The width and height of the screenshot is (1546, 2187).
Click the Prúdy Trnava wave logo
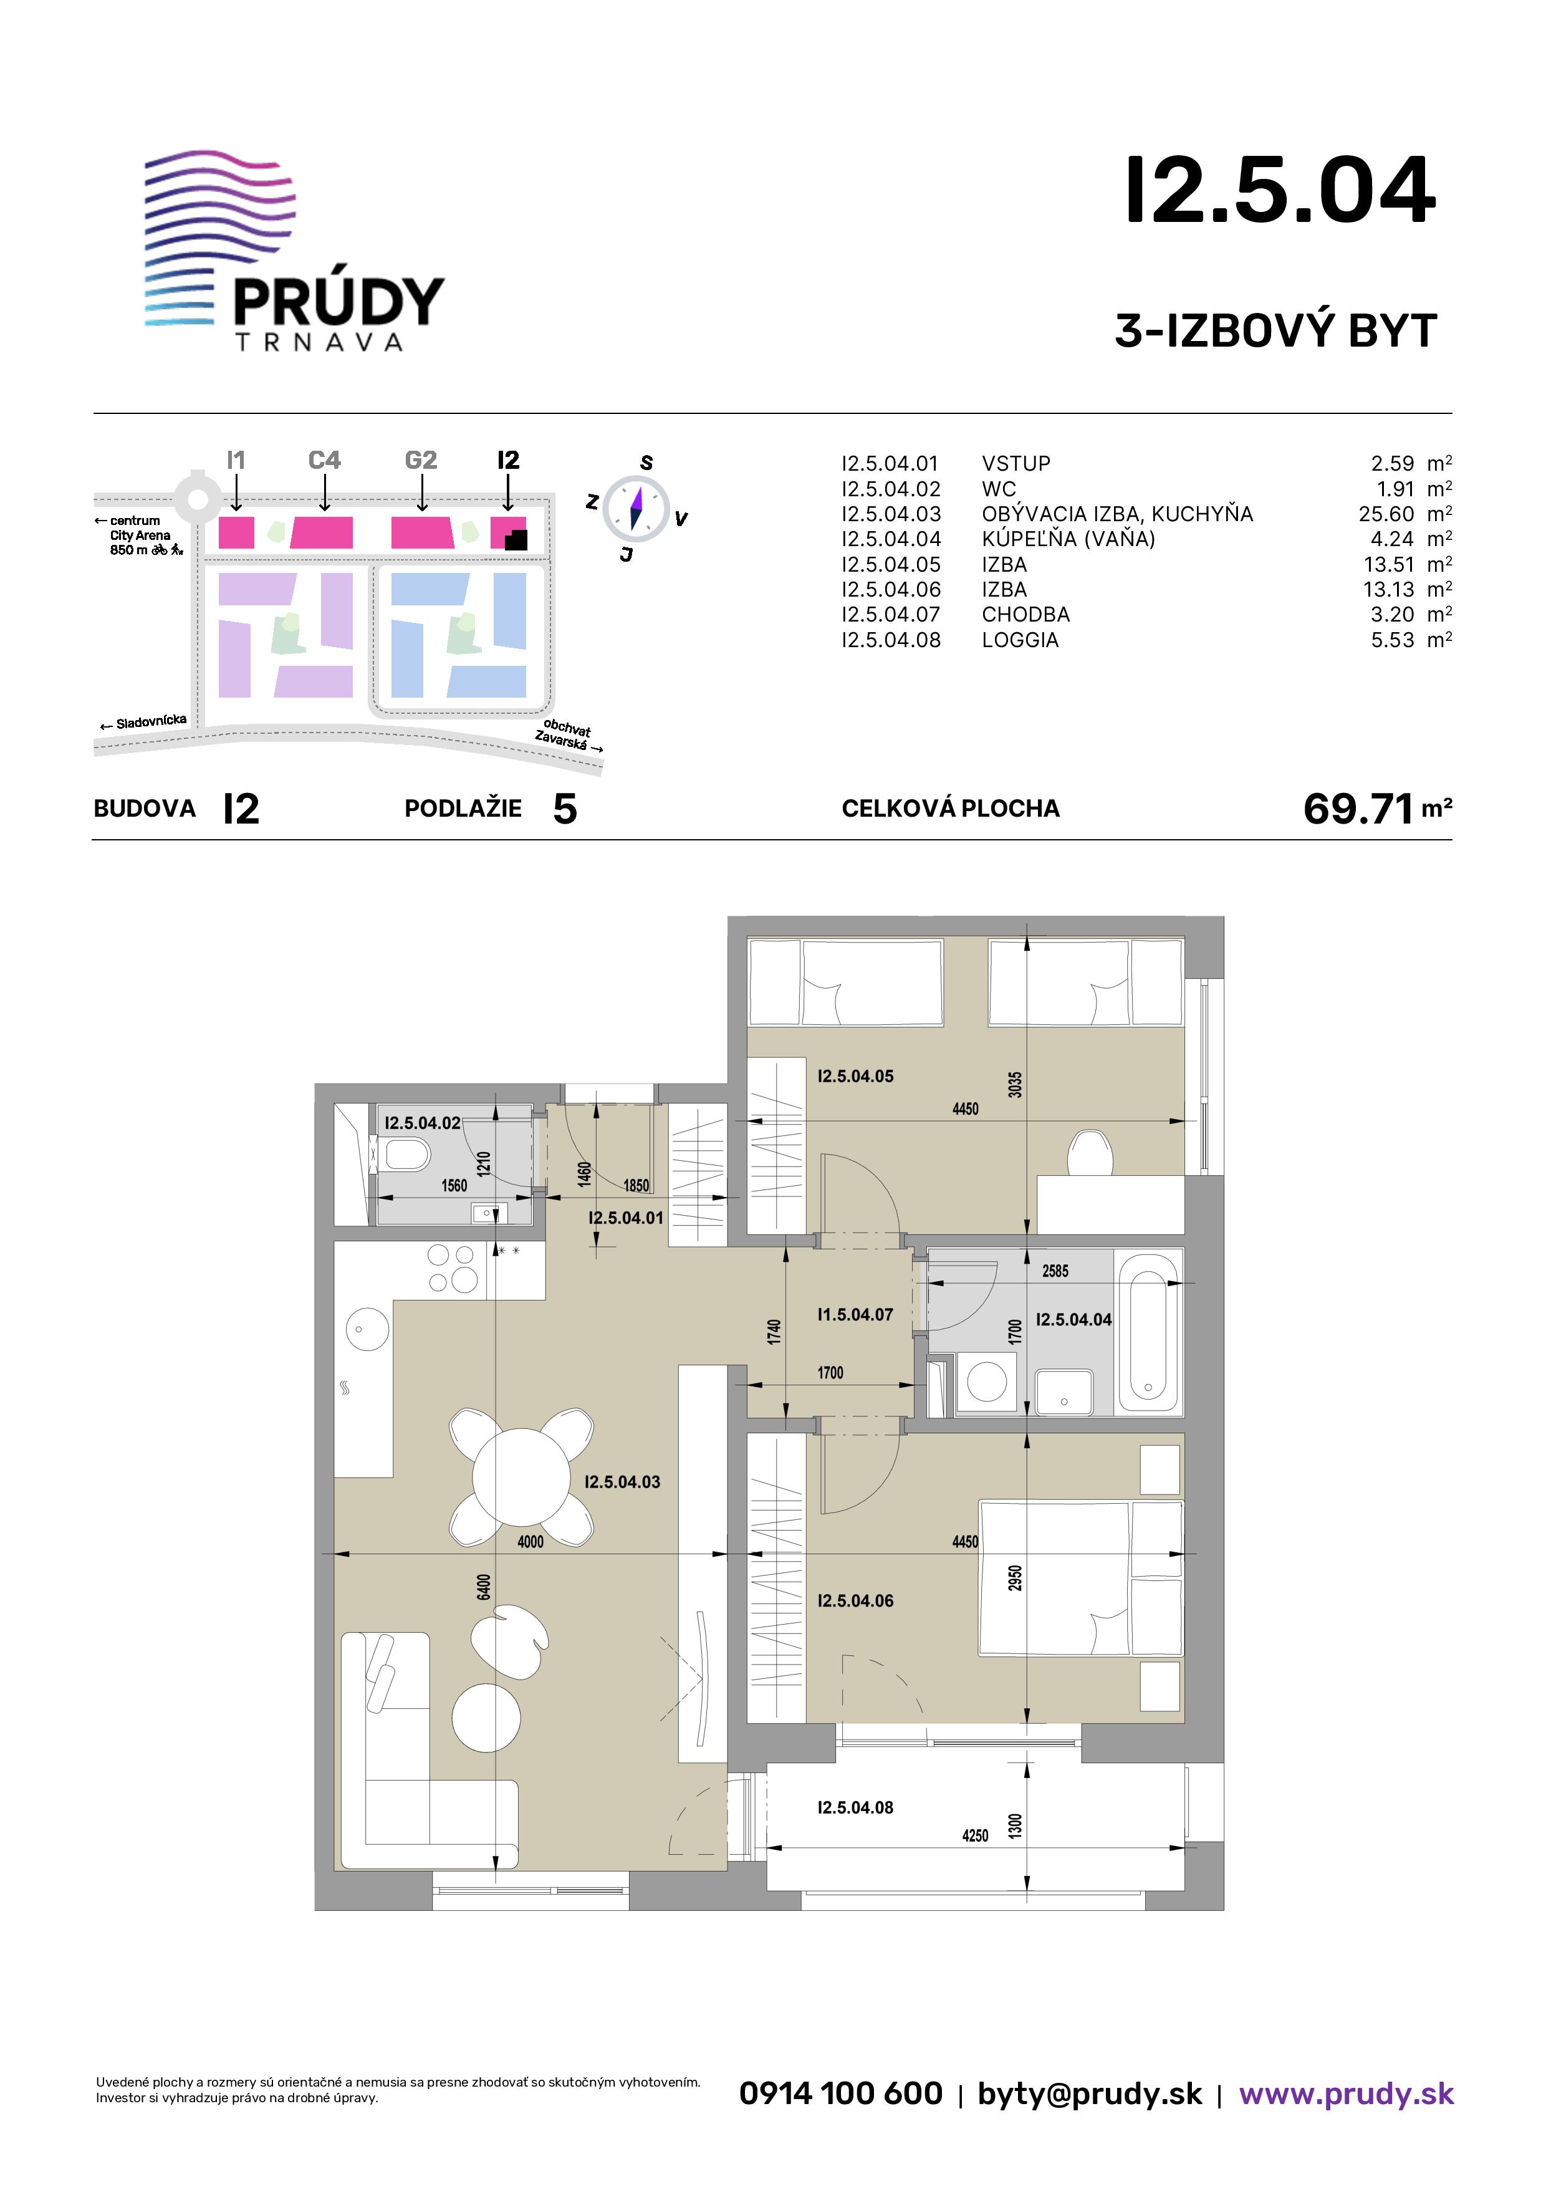tap(220, 238)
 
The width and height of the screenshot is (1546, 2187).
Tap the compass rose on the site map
tap(636, 506)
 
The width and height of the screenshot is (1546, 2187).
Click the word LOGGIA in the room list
tap(1020, 640)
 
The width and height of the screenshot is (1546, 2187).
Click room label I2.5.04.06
tap(855, 1601)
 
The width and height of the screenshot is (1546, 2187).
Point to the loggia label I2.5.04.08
tap(855, 1808)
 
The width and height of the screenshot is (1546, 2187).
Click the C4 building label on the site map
tap(325, 460)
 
